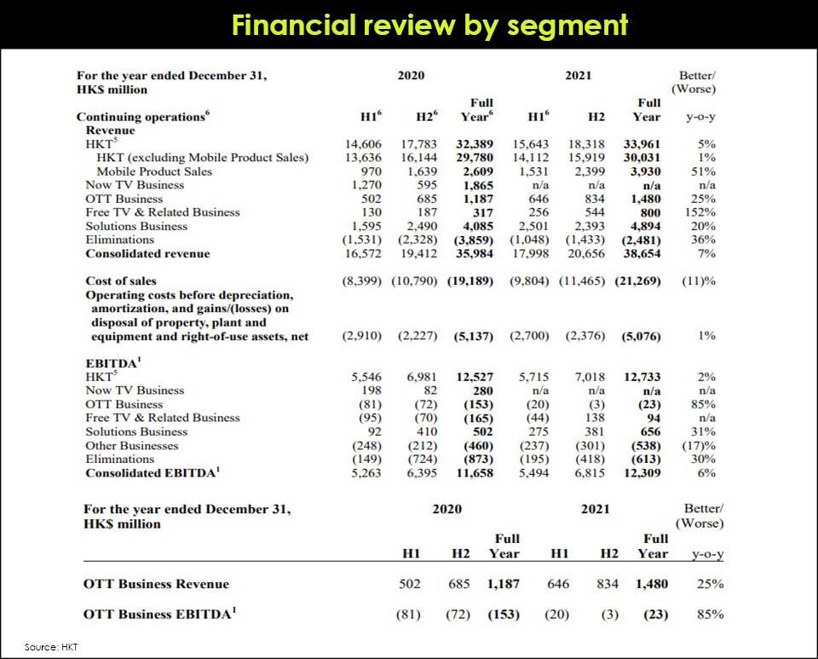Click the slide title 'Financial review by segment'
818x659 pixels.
coord(429,25)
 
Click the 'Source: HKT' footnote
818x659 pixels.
coord(51,647)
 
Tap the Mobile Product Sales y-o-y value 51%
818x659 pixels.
coord(703,171)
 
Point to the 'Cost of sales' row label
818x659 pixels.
coord(121,280)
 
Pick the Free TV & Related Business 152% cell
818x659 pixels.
coord(701,212)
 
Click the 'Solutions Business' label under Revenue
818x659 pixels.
coord(136,226)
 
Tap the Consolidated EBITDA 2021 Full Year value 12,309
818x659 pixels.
coord(642,473)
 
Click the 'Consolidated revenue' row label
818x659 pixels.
coord(147,254)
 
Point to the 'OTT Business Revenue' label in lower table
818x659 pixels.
coord(156,584)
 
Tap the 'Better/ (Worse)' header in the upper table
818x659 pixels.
coord(694,82)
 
